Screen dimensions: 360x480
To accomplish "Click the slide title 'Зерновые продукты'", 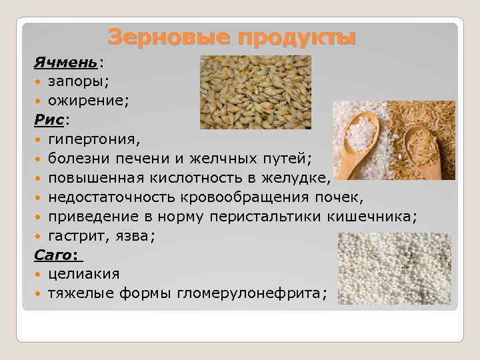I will point(231,37).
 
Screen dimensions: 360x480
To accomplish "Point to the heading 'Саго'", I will point(54,255).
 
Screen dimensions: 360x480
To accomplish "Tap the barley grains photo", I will point(255,91).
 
